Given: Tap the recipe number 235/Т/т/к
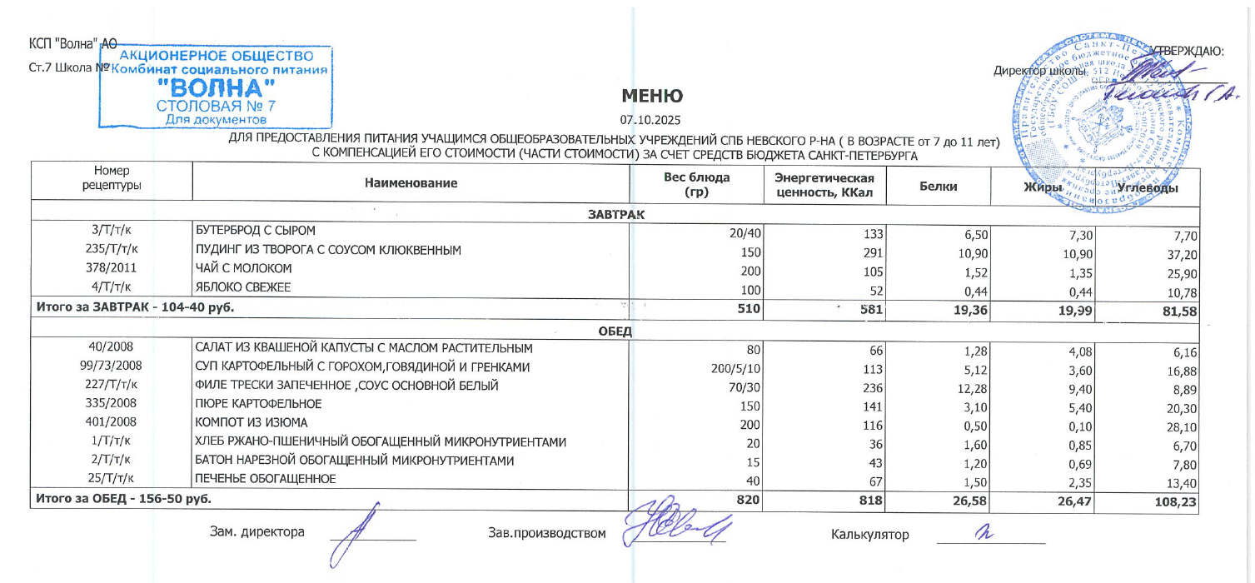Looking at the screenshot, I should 112,249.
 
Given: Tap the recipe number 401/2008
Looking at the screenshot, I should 112,423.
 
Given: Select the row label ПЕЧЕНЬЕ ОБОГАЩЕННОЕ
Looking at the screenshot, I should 265,480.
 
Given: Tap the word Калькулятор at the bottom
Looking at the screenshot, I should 869,534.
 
